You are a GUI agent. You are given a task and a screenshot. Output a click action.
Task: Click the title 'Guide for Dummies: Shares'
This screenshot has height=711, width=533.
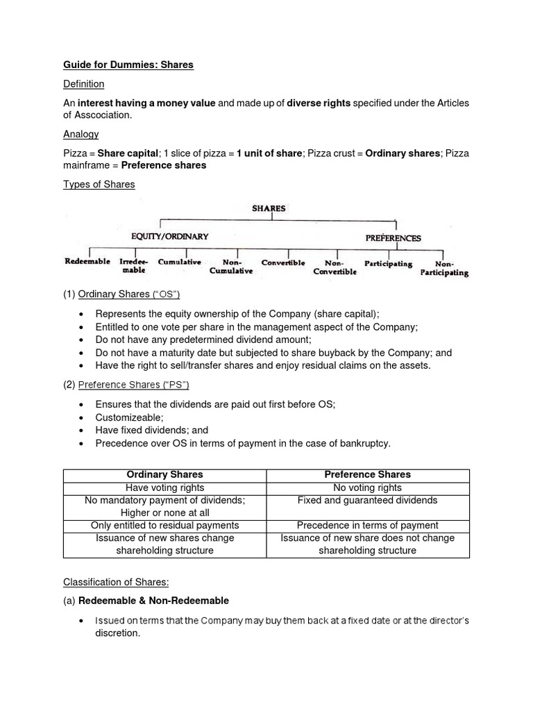(128, 65)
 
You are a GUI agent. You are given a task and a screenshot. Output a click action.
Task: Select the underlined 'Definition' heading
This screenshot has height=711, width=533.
(83, 84)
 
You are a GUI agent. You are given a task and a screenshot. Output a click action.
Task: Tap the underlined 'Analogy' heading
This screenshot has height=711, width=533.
(81, 134)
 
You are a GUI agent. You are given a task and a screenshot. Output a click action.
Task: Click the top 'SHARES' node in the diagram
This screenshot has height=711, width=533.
(269, 208)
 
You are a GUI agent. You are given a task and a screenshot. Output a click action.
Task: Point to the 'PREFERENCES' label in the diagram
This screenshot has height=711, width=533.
(393, 237)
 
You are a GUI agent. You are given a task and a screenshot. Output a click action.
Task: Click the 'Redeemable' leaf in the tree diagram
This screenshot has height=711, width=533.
(87, 262)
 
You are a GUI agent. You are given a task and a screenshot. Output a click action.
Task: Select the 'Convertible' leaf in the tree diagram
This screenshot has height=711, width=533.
(283, 262)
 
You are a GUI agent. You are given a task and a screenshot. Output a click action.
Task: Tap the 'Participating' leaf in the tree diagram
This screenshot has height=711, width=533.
(388, 264)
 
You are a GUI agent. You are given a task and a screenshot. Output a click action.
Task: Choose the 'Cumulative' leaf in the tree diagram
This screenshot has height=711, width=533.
(180, 262)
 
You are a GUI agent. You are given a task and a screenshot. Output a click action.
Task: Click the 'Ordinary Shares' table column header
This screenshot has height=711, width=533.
(164, 475)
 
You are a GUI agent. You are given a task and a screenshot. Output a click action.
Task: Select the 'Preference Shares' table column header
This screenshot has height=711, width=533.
(368, 475)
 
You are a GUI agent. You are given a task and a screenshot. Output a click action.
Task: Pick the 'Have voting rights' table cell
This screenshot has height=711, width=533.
(164, 487)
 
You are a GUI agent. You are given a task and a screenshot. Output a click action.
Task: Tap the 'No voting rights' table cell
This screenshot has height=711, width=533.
(368, 487)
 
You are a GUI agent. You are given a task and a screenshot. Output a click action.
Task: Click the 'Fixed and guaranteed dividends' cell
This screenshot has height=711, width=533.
(368, 500)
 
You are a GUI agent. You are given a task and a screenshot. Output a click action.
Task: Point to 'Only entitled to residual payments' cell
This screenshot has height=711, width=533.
(164, 526)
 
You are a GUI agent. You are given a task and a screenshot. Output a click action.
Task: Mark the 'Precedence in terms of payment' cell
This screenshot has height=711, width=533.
(368, 526)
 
